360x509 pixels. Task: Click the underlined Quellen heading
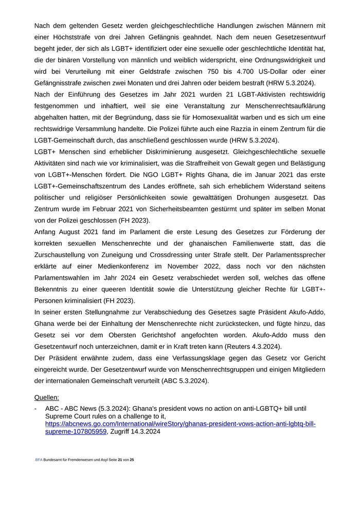47,397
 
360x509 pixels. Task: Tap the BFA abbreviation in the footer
39,459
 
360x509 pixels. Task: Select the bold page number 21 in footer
120,459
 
